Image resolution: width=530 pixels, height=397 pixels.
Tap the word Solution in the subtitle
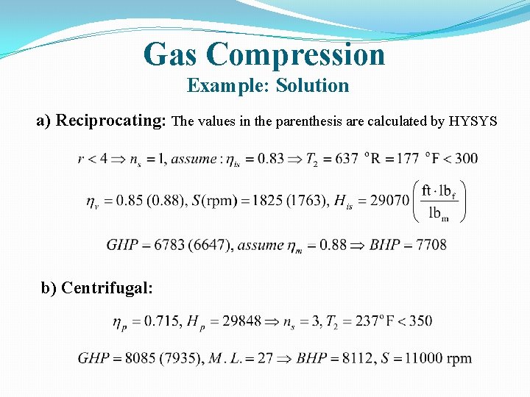pos(313,86)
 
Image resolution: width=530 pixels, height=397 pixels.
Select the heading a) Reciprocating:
pos(102,121)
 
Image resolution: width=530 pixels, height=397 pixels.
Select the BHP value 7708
pos(431,245)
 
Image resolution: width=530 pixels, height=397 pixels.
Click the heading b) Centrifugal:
pos(97,287)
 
